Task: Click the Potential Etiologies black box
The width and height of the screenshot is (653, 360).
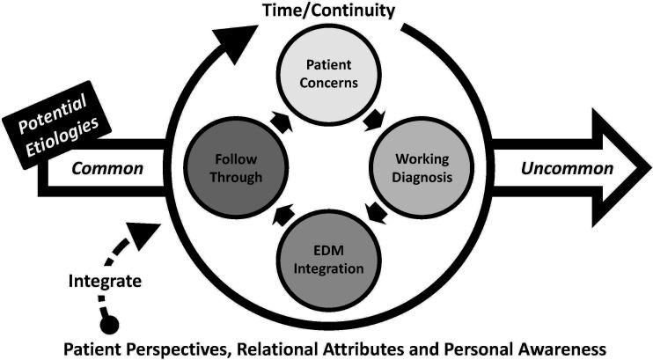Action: (58, 126)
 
